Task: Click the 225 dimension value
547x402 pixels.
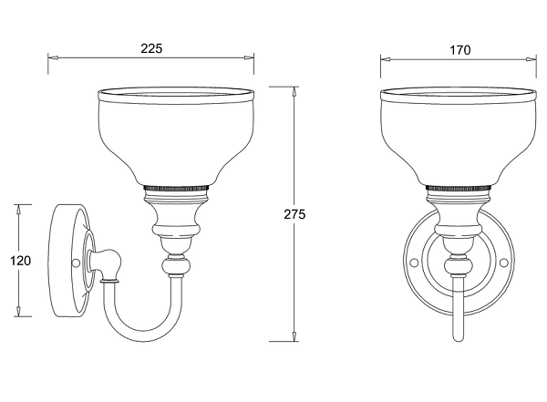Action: pyautogui.click(x=151, y=48)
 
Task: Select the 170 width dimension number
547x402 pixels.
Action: pyautogui.click(x=459, y=50)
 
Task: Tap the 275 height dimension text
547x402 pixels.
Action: pyautogui.click(x=294, y=214)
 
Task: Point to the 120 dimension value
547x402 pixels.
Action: pyautogui.click(x=20, y=261)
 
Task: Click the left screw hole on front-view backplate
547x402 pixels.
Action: pyautogui.click(x=414, y=263)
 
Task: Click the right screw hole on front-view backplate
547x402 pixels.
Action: pyautogui.click(x=503, y=263)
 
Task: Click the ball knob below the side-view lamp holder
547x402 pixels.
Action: pyautogui.click(x=177, y=266)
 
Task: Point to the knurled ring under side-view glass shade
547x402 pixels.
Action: pyautogui.click(x=176, y=188)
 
